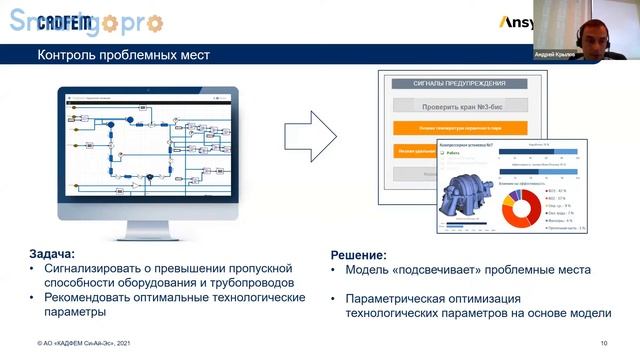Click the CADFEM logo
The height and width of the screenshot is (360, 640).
point(64,22)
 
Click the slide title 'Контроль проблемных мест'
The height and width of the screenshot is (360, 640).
point(123,55)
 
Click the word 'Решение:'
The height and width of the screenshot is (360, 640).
point(359,255)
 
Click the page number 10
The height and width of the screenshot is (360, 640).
point(603,344)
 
